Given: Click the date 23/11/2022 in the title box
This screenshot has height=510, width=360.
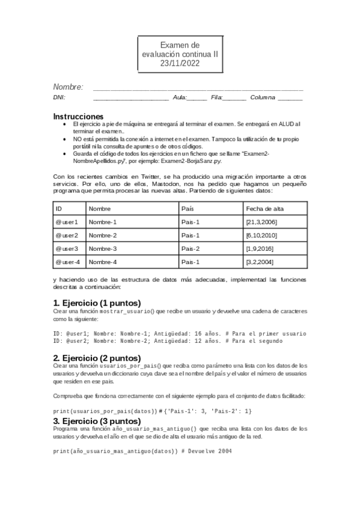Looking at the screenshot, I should coord(180,63).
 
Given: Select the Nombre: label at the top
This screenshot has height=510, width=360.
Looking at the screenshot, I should coord(68,87).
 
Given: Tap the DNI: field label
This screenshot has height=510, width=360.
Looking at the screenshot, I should coord(59,97).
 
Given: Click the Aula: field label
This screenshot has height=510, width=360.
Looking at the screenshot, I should coord(180,97).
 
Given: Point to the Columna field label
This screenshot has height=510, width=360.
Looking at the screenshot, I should coord(263,97).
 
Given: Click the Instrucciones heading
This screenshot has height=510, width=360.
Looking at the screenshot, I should coord(78,116).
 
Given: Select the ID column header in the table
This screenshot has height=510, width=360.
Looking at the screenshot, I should coord(59,209).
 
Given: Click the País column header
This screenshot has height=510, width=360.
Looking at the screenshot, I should coord(187,209).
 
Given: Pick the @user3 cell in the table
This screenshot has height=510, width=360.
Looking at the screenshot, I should coord(67,248).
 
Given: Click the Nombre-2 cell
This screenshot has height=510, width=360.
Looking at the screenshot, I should coord(103,235).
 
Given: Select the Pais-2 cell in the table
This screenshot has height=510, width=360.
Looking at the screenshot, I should coord(191,248).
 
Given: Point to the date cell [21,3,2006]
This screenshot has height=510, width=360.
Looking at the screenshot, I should coord(261,222).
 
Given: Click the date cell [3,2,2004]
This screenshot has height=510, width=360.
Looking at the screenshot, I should coord(260,262).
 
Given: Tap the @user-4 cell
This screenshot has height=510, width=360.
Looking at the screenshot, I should coord(68,262).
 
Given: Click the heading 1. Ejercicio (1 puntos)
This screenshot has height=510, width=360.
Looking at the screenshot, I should coord(97,303).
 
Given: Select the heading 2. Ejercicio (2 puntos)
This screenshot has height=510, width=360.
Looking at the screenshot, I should coord(97,357).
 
